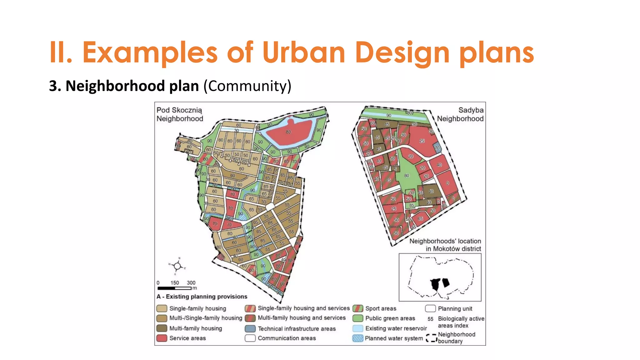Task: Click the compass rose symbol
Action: click(x=177, y=266)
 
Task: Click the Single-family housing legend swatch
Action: click(x=162, y=308)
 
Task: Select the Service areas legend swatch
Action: click(x=162, y=338)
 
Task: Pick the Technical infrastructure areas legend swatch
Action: click(x=250, y=329)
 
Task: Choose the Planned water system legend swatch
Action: click(x=357, y=338)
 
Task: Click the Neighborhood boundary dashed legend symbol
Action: click(x=431, y=338)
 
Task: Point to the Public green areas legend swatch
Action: click(x=357, y=318)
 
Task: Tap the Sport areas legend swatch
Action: click(x=357, y=308)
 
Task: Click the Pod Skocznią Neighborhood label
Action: click(x=180, y=114)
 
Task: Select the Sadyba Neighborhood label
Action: click(x=460, y=114)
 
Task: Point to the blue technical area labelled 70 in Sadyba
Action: click(x=437, y=148)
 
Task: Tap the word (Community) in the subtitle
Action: click(x=247, y=86)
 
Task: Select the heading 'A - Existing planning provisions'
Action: click(x=202, y=297)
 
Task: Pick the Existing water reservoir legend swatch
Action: click(x=357, y=328)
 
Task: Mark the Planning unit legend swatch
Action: click(x=430, y=308)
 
